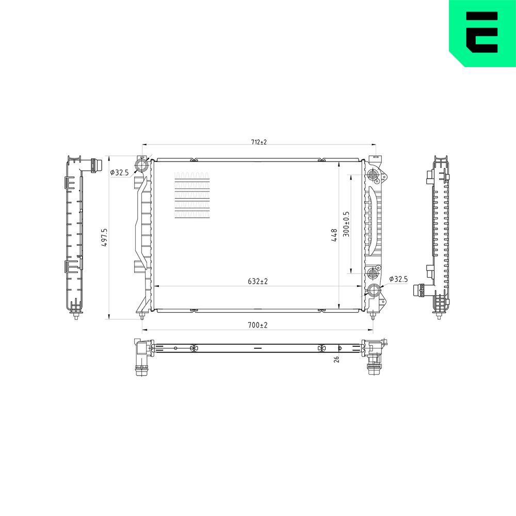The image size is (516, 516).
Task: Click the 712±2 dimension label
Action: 259,142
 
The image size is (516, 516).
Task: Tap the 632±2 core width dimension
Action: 257,281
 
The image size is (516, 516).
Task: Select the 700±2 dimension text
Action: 257,325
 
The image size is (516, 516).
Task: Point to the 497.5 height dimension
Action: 104,238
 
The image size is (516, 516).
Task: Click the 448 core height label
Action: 334,235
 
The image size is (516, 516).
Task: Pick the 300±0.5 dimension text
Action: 346,224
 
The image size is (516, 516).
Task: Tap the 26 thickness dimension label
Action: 336,359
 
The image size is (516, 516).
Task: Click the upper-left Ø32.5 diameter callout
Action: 120,172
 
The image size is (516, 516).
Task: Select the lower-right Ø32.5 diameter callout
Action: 398,279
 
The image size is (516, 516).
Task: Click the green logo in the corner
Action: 482,33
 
